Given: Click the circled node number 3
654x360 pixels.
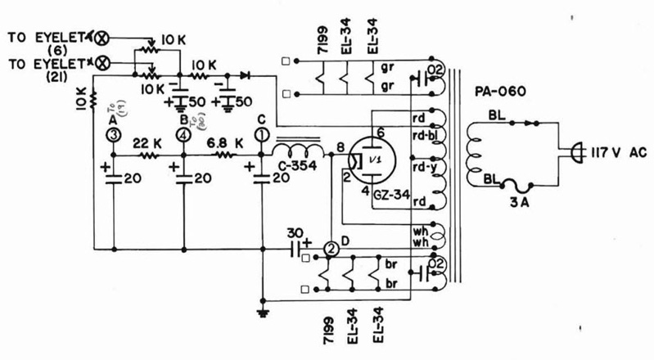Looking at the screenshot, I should [114, 134].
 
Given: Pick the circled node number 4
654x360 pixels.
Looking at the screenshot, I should [184, 134].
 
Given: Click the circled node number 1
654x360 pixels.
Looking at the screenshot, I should [262, 134].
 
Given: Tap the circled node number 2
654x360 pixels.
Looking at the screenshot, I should [331, 247].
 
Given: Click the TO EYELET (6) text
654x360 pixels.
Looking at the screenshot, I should [45, 43].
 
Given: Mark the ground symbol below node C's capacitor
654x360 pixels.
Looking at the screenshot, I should [262, 311].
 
